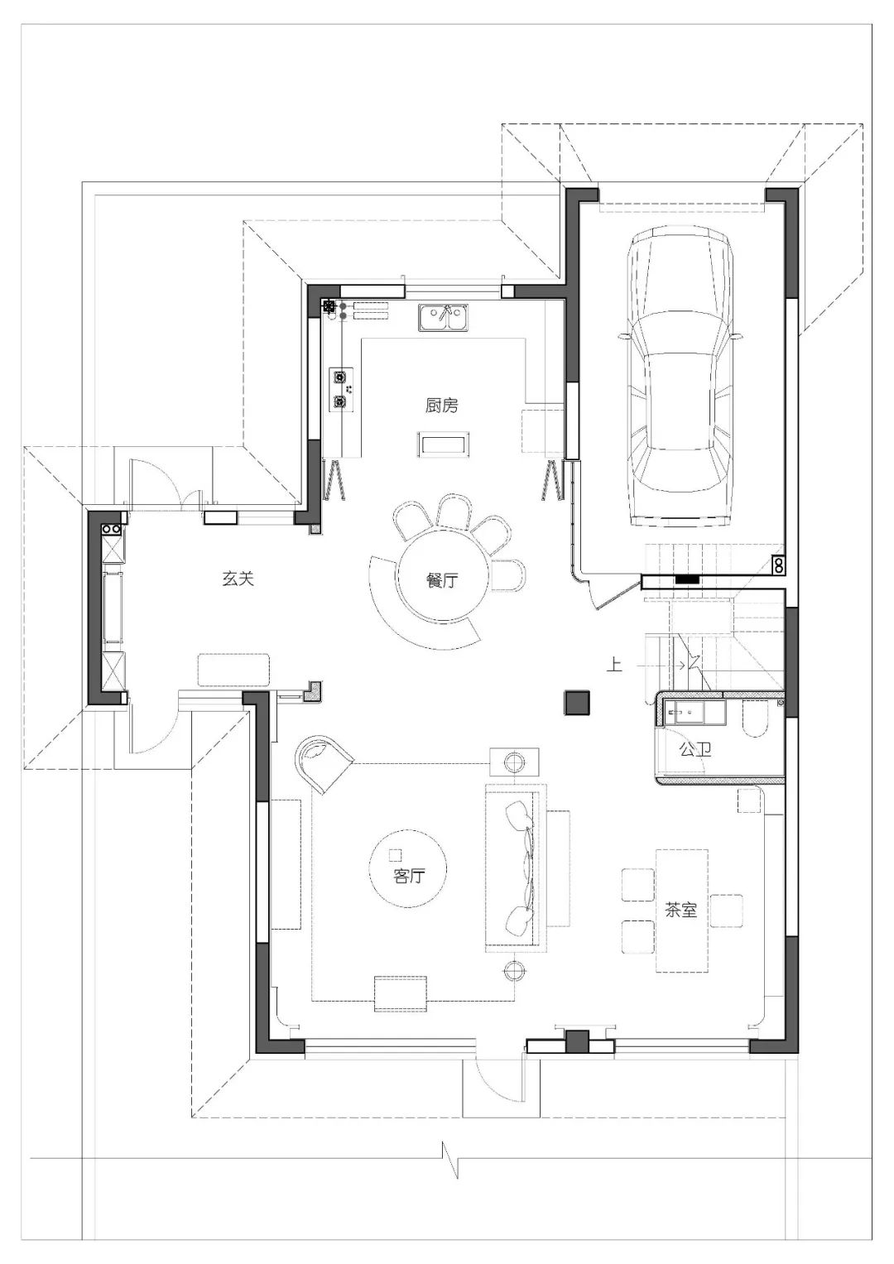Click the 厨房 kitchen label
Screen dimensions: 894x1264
click(441, 405)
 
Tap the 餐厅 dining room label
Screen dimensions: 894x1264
click(442, 580)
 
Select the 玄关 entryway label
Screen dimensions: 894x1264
click(238, 579)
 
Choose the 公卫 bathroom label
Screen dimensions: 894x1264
click(695, 749)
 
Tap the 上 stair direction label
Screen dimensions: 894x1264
click(614, 665)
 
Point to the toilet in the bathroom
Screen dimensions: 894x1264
click(755, 718)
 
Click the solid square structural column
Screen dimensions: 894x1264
click(577, 703)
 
